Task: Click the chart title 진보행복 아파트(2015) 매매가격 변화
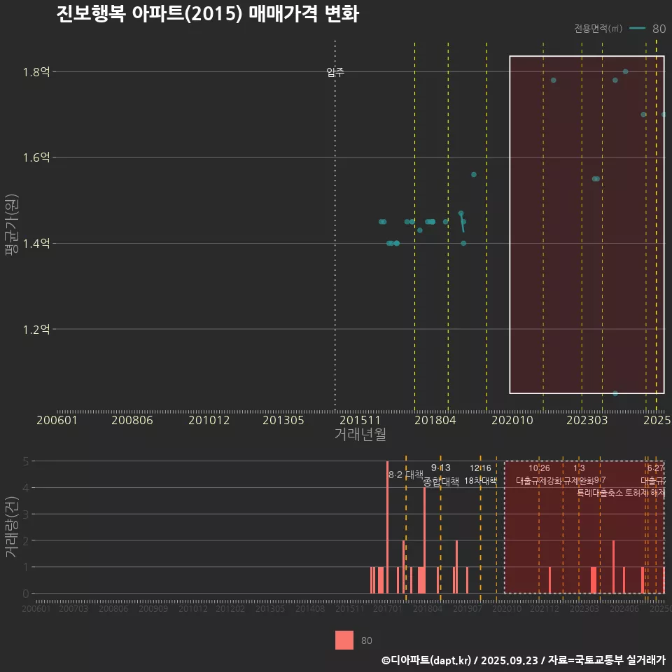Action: tap(207, 15)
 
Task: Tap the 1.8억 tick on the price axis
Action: tap(36, 71)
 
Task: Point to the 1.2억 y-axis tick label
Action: tap(36, 329)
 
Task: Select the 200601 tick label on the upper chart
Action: tap(57, 421)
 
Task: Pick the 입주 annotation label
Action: tap(335, 72)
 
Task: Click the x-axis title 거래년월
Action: tap(360, 435)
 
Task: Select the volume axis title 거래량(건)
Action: tap(12, 527)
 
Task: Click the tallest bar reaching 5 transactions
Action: tap(387, 526)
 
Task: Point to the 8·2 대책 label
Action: tap(407, 475)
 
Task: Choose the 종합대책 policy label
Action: tap(441, 482)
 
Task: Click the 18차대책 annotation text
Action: tap(480, 481)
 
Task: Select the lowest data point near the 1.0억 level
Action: tap(615, 393)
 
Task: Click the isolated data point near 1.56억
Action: tap(474, 174)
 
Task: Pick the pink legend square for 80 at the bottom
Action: tap(344, 640)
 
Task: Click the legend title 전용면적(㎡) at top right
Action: tap(598, 29)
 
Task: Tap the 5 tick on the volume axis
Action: tap(26, 461)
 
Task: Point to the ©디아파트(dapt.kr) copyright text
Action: tap(427, 660)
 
